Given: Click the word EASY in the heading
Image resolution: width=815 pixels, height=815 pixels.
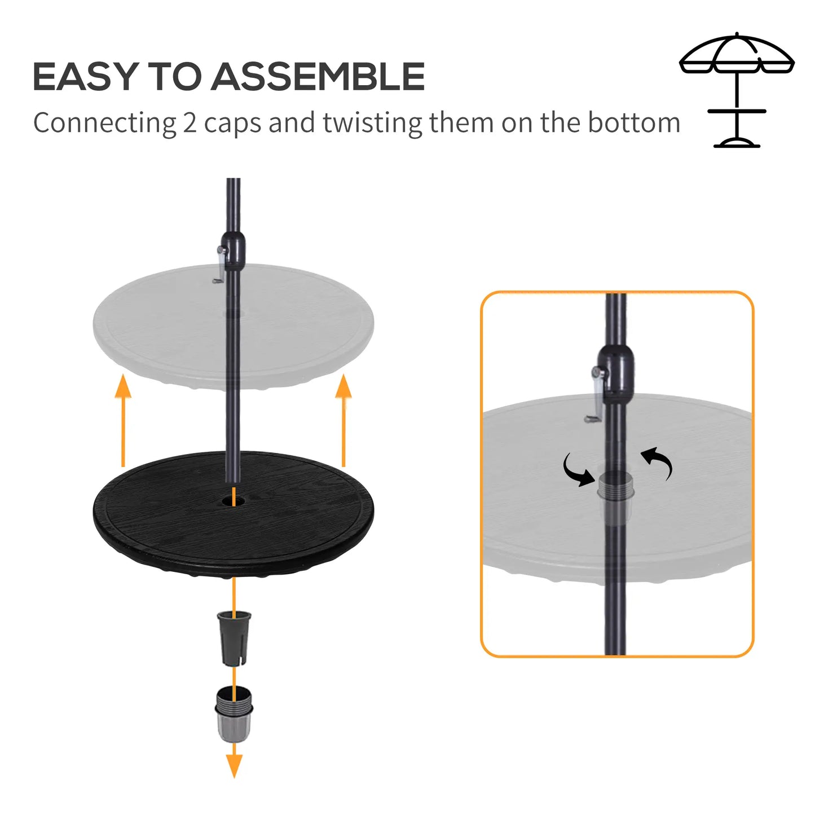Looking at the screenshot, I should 85,77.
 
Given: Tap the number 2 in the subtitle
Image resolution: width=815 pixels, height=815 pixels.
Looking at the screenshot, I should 189,123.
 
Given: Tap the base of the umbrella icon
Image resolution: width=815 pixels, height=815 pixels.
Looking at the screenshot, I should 737,142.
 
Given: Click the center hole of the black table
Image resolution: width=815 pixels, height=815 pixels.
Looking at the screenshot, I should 234,500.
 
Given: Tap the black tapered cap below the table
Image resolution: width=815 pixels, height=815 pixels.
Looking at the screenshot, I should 234,637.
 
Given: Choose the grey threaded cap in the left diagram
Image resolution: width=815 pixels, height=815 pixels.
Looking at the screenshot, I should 234,713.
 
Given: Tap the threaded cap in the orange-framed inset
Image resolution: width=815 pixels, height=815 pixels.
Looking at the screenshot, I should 613,485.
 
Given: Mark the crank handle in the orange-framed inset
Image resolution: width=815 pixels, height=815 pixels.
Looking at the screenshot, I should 596,395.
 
